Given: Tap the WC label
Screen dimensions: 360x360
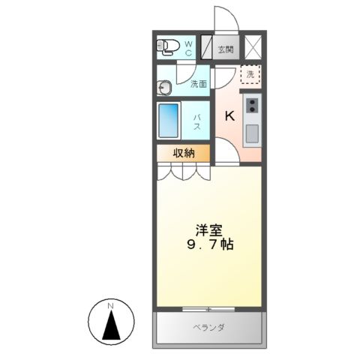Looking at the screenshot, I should (x=188, y=49).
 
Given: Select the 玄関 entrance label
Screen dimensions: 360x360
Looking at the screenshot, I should (x=225, y=49).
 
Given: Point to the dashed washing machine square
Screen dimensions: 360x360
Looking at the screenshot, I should (x=250, y=75).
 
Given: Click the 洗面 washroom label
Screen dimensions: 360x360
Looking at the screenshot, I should (x=198, y=84).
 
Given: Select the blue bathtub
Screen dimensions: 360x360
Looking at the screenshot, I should (x=169, y=120).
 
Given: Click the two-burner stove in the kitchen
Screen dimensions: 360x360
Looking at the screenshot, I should (x=253, y=105).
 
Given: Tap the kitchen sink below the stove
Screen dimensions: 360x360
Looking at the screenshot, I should (x=252, y=133).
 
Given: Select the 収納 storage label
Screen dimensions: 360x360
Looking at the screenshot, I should (x=184, y=153).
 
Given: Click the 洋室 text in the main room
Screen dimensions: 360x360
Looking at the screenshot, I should (x=208, y=229).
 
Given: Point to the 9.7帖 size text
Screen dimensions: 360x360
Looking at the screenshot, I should (x=208, y=245).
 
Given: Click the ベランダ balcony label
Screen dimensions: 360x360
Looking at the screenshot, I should (x=211, y=327).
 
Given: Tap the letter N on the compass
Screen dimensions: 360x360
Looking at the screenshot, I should (x=109, y=306).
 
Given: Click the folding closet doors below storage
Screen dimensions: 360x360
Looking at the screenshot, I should (x=183, y=172).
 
